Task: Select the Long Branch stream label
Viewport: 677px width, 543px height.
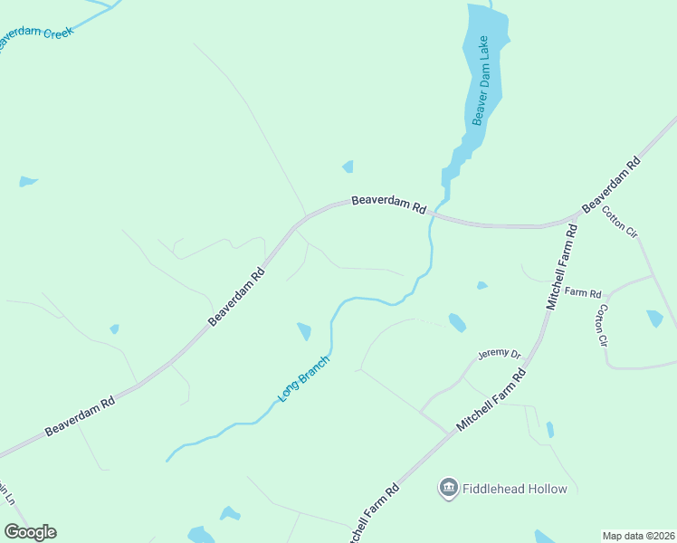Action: coord(303,379)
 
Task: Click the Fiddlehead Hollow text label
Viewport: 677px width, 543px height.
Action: coord(514,490)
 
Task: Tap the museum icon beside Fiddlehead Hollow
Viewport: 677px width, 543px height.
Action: coord(448,490)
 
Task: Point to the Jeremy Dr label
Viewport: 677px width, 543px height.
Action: coord(500,356)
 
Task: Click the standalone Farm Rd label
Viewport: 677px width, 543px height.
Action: coord(583,293)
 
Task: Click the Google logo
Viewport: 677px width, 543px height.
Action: coord(30,532)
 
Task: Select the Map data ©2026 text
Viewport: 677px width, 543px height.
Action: coord(638,536)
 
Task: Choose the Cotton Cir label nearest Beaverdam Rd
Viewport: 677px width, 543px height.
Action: coord(620,222)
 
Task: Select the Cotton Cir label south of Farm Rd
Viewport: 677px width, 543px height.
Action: coord(602,326)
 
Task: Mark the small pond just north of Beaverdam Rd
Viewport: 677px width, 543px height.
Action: coord(348,167)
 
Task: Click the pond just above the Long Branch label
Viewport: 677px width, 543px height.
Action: coord(304,331)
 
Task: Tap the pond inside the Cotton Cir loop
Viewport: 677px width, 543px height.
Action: coord(654,318)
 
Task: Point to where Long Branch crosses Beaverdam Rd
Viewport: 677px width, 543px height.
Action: coord(433,217)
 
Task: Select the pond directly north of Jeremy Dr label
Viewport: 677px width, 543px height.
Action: coord(457,322)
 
